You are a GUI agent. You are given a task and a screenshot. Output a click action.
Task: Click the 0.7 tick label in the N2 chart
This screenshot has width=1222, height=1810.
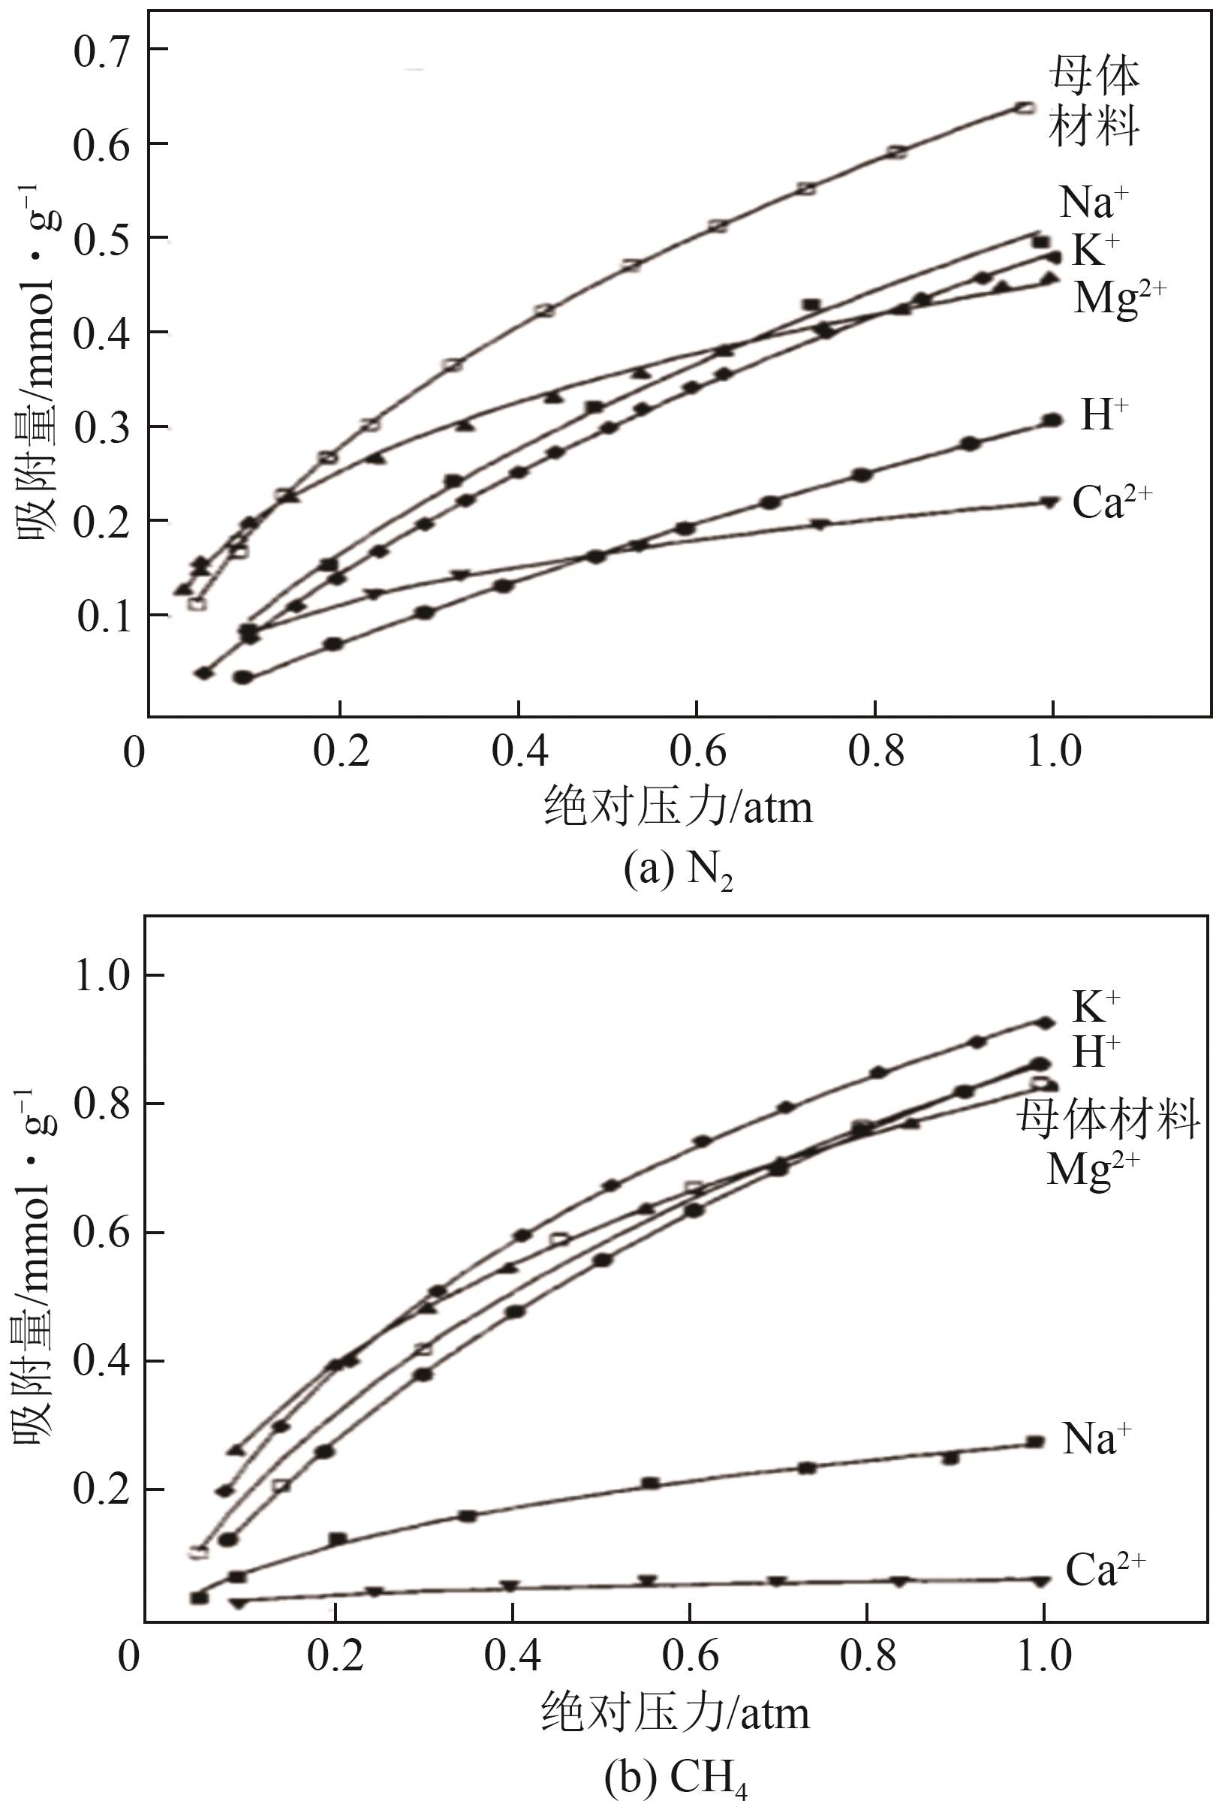point(100,50)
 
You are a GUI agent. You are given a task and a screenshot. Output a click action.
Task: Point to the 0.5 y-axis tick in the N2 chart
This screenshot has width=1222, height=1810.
point(100,238)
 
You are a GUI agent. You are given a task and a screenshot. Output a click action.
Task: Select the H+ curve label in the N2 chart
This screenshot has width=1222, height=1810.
point(1103,415)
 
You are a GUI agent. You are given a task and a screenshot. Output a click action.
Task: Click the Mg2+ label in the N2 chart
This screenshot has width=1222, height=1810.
point(1120,297)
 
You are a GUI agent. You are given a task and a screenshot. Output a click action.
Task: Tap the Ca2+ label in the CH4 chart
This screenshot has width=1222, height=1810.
point(1105,1569)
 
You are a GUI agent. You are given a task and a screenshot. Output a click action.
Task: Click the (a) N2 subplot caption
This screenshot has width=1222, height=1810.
point(679,872)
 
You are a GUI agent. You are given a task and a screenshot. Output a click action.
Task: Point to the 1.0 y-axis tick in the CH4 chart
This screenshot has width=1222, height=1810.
point(100,975)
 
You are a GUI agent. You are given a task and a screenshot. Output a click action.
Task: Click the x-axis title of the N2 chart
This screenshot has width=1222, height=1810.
point(678,806)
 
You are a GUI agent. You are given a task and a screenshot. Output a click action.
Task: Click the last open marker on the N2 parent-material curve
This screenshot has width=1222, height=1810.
point(1027,107)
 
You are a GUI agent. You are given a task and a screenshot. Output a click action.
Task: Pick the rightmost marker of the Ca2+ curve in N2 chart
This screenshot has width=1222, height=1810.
point(1049,502)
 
